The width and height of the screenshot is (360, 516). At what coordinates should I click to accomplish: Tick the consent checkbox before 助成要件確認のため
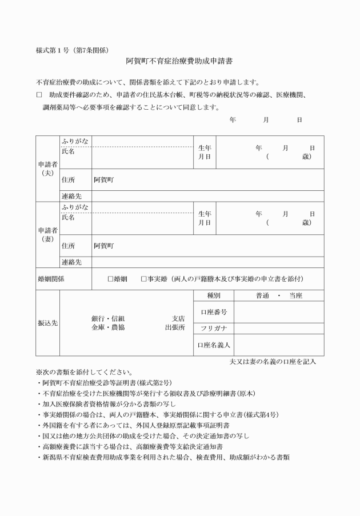[39, 93]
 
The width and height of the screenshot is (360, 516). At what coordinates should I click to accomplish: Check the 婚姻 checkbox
[111, 279]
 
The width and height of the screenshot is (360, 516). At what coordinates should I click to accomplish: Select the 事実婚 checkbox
[144, 279]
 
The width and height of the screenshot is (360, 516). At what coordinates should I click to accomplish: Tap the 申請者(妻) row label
[47, 234]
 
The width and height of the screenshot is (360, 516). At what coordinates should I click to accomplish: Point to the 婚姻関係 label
[50, 279]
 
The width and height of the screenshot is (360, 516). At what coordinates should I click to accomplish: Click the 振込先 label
[47, 323]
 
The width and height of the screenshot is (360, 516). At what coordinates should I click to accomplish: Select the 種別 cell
[214, 296]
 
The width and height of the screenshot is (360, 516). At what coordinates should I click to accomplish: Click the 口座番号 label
[214, 312]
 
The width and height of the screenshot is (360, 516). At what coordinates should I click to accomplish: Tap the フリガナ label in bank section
[214, 328]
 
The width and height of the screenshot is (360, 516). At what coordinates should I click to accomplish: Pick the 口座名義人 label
[214, 345]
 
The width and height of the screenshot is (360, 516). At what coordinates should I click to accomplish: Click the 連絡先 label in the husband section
[71, 196]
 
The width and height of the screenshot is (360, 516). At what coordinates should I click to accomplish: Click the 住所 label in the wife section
[68, 246]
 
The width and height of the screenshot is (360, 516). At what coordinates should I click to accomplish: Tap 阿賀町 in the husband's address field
[104, 179]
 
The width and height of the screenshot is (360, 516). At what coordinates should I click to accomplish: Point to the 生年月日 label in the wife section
[205, 218]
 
